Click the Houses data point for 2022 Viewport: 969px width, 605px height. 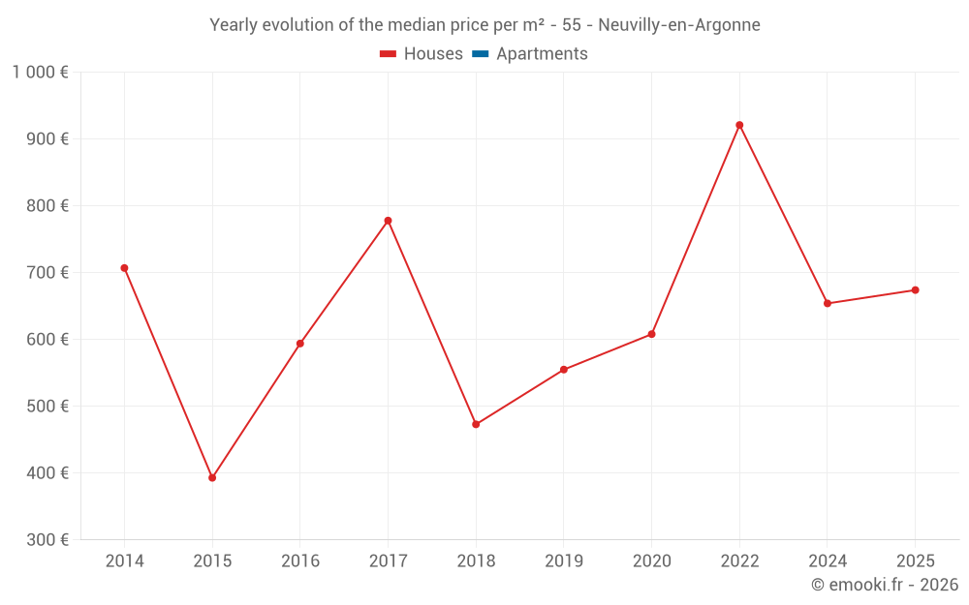pos(739,125)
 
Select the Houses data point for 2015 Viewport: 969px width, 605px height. pos(212,477)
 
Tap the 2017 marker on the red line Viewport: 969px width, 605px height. pos(388,221)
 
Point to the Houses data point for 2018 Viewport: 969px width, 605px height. pos(476,424)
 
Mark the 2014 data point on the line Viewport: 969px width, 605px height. pos(124,268)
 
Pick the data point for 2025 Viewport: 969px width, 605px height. pos(915,290)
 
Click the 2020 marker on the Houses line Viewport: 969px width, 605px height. pos(651,334)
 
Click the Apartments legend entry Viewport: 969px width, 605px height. pos(542,54)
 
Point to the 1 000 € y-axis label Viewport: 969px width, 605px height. pos(40,73)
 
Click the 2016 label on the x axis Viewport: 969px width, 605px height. pos(300,561)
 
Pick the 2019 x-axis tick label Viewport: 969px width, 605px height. pos(564,561)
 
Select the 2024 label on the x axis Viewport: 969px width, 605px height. pos(828,561)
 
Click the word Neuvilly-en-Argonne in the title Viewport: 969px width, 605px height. pos(679,25)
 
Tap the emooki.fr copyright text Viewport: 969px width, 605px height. pos(885,585)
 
